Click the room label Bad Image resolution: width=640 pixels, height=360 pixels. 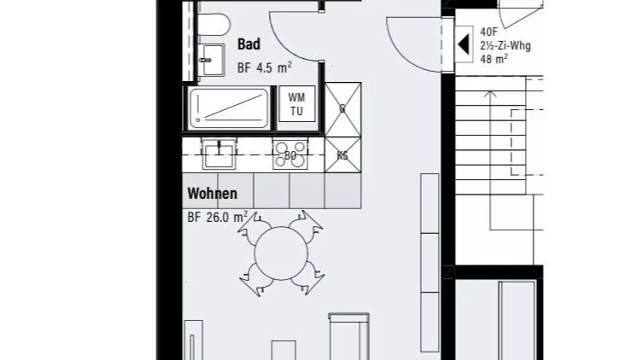coord(249,44)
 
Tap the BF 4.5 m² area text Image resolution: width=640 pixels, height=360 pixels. coord(264,68)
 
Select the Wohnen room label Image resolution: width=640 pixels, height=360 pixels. coord(212,194)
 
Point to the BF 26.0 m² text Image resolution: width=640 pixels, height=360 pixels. coord(217,217)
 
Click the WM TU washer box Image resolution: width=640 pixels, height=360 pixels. coord(297,104)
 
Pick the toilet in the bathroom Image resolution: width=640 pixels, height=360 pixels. coord(212,24)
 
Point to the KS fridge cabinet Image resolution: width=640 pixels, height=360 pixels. coord(342,155)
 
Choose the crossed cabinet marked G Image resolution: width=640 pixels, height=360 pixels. coord(342,109)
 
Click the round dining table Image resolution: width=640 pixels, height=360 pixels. coord(280,253)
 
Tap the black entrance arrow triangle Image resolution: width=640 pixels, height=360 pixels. coord(464,44)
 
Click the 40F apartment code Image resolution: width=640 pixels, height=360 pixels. coord(489,32)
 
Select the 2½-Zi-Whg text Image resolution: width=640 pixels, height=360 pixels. coord(505,45)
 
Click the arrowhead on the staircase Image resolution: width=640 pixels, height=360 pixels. coord(490,94)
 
